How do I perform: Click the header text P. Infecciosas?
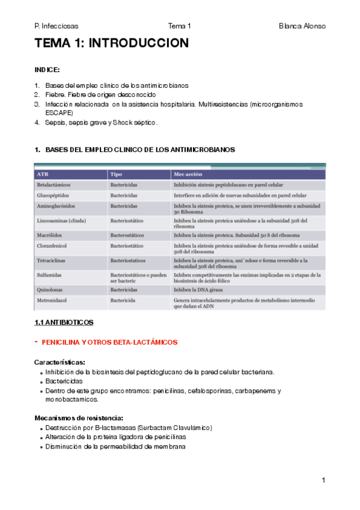click(x=56, y=26)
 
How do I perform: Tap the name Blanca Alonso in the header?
click(x=302, y=26)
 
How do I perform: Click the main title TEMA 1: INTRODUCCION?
click(x=112, y=43)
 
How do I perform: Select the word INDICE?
click(x=47, y=70)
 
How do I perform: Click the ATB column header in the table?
click(x=43, y=174)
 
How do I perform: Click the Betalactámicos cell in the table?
click(x=55, y=185)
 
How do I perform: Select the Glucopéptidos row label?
click(x=54, y=195)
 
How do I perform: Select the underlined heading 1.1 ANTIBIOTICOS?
click(x=64, y=322)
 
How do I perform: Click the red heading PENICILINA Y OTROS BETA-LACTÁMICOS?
click(x=110, y=342)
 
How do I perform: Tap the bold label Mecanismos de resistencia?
click(x=79, y=417)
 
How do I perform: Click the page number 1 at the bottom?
click(x=323, y=480)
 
